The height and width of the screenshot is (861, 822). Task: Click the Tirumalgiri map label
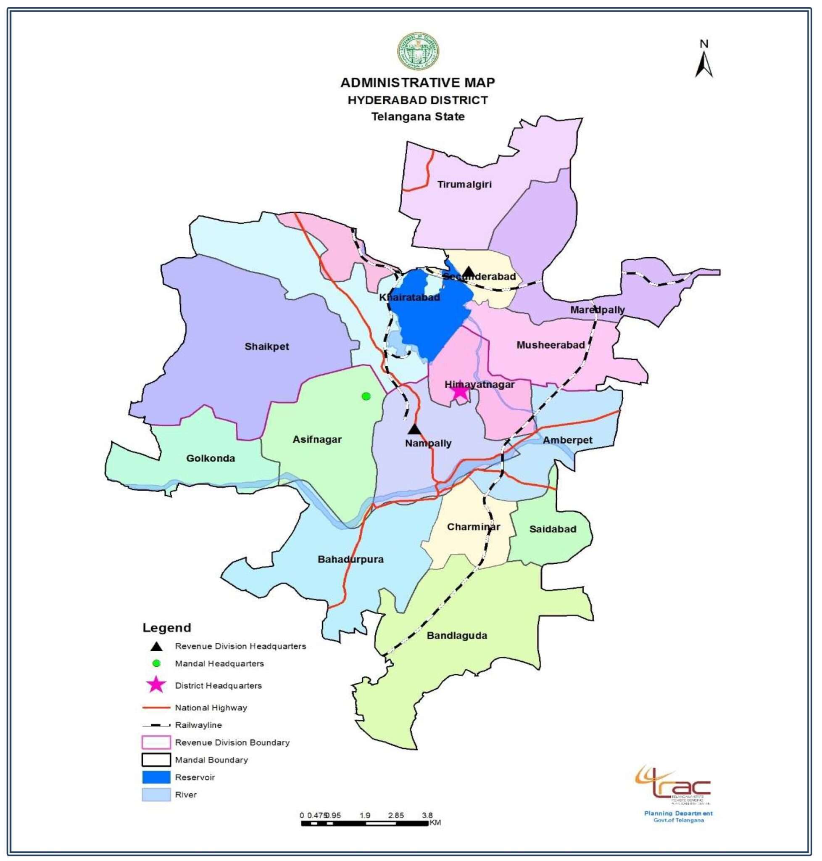pos(464,184)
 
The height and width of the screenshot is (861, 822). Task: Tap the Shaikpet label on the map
pos(266,346)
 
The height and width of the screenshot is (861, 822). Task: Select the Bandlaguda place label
pos(456,635)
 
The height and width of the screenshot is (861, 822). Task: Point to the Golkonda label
pos(210,458)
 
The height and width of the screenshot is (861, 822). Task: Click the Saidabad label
pos(552,529)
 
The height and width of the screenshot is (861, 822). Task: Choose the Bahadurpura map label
pos(350,559)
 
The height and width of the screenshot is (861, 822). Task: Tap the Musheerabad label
pos(551,345)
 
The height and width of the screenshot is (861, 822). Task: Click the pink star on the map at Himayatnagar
pos(459,391)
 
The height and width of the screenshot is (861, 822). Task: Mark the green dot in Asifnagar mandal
pos(366,396)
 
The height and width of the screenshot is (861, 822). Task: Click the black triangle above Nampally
pos(414,429)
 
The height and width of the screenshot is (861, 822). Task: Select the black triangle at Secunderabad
pos(469,272)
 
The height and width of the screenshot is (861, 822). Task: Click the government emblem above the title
pos(418,51)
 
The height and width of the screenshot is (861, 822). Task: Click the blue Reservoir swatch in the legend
pos(156,777)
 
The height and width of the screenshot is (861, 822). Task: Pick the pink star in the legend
pos(156,685)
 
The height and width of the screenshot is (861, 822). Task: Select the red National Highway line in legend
pos(156,708)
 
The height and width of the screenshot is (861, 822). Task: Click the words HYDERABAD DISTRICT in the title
pos(418,100)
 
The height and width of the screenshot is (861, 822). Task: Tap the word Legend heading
pos(166,628)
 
